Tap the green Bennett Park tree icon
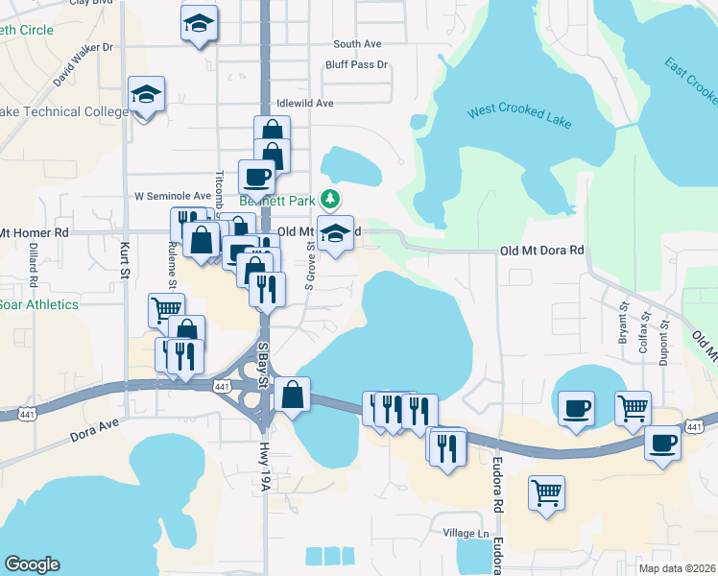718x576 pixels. [x=330, y=200]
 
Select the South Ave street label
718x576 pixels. [x=357, y=44]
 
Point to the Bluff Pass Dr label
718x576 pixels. [x=356, y=65]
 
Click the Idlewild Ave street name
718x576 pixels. [x=304, y=103]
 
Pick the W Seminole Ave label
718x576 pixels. [x=172, y=196]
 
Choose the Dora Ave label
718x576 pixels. [x=93, y=429]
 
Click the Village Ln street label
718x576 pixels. [x=467, y=533]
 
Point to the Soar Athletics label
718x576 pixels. [x=38, y=304]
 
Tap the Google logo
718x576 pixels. [x=32, y=564]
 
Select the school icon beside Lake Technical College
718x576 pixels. [x=146, y=95]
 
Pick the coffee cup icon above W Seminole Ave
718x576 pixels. [x=257, y=176]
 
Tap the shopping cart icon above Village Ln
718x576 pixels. [x=546, y=493]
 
